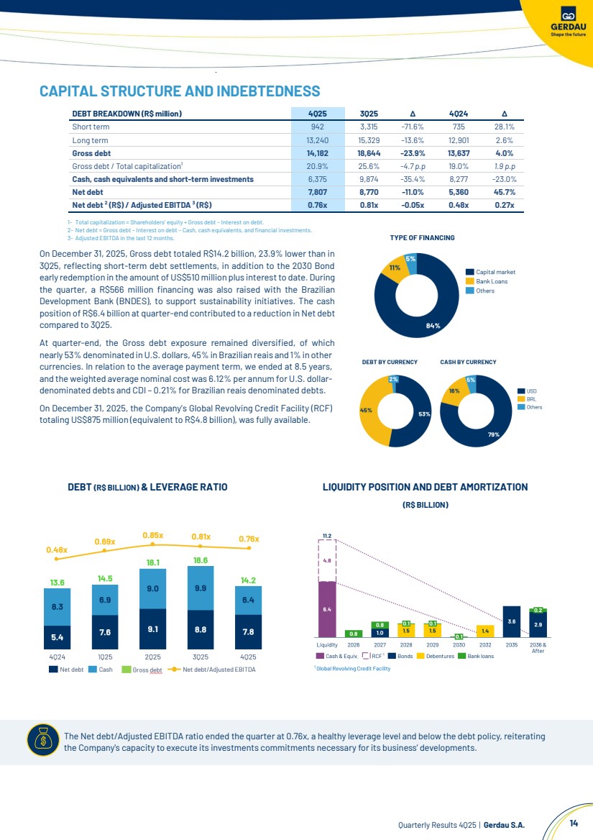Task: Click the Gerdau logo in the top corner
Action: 567,22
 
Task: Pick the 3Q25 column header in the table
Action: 369,113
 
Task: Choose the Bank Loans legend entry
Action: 492,281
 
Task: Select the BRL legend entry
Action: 531,398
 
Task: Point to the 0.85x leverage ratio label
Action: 152,535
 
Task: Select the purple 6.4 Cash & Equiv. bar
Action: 326,609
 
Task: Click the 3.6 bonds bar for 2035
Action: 511,621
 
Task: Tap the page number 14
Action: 574,824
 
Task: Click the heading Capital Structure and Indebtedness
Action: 180,91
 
